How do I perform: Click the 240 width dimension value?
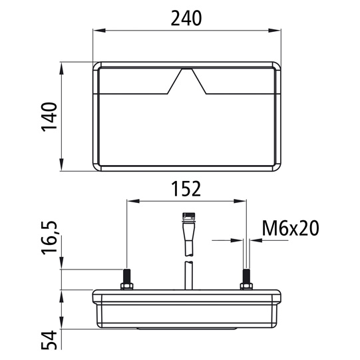pos(186,19)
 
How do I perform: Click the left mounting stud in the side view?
pos(126,275)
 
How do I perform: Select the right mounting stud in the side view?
pos(246,275)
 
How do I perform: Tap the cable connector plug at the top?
pos(188,220)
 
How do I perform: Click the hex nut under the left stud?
pos(126,287)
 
